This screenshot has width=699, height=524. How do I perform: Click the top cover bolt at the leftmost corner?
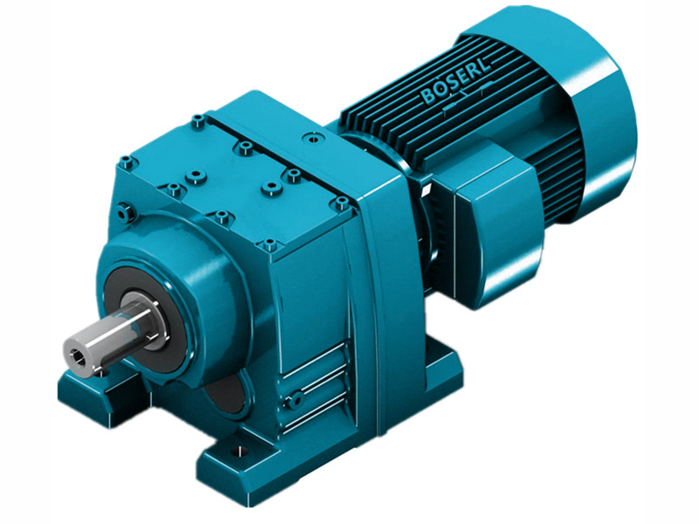coord(128,161)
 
